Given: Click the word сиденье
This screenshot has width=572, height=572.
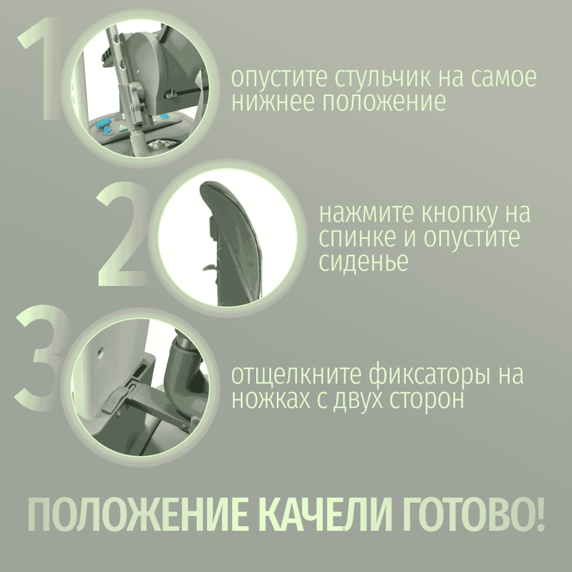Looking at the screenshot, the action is (363, 261).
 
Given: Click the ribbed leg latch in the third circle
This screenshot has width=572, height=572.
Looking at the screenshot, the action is (114, 401).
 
